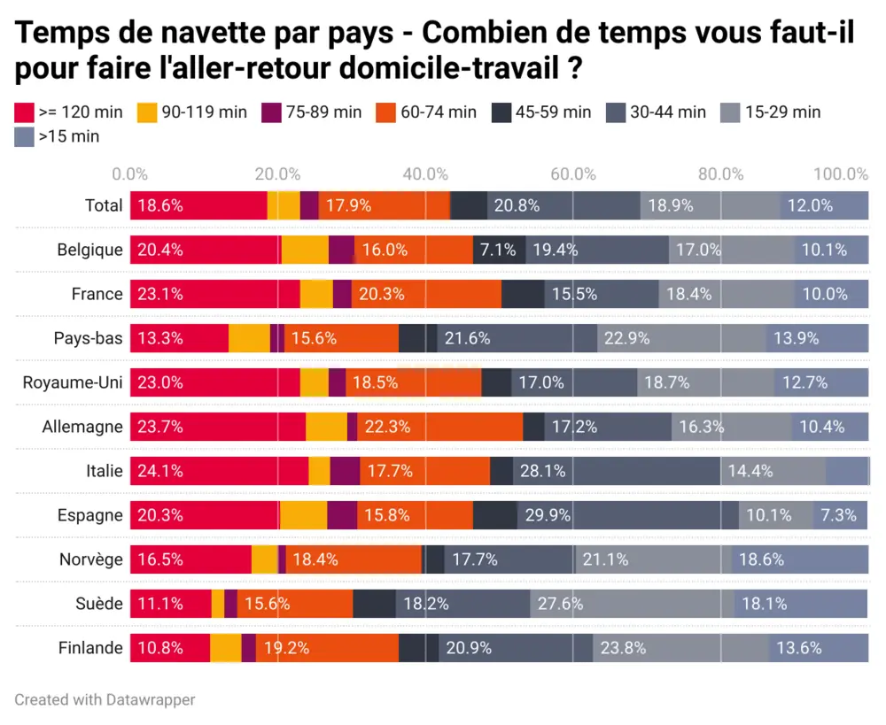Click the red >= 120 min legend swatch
click(x=24, y=112)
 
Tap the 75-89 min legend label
click(x=323, y=112)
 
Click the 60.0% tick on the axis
click(x=572, y=174)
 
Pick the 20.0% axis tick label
click(x=278, y=174)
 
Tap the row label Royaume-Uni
click(x=73, y=382)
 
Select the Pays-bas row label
click(x=88, y=338)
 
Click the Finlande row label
click(x=90, y=648)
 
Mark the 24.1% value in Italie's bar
click(x=160, y=471)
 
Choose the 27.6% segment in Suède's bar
click(x=561, y=604)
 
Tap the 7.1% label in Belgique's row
click(x=498, y=250)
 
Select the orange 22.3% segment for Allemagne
click(x=387, y=427)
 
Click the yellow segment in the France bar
click(x=316, y=294)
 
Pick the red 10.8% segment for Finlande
click(x=160, y=648)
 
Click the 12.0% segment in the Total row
click(x=810, y=205)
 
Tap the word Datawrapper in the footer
click(x=151, y=699)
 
